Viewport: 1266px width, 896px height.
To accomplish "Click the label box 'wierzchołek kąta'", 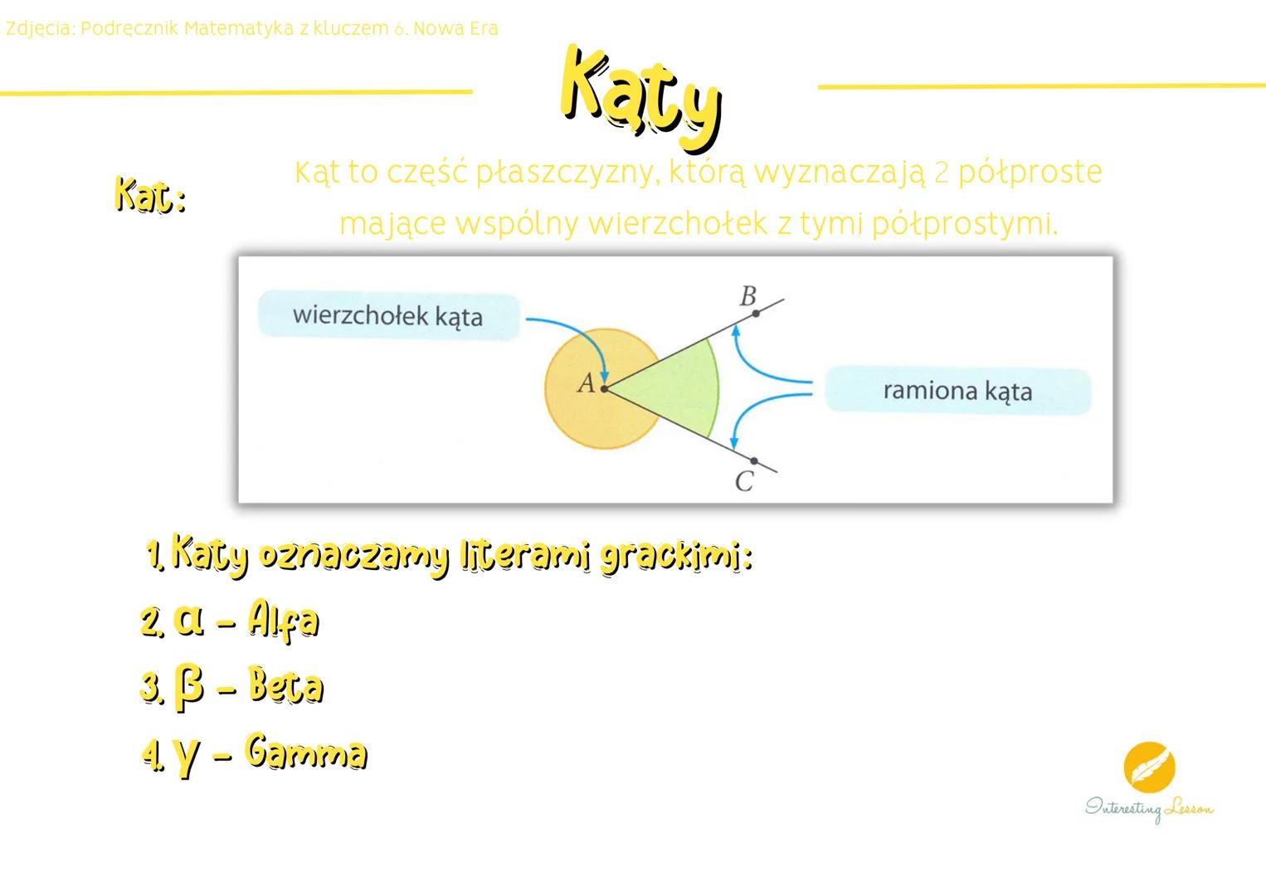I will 387,315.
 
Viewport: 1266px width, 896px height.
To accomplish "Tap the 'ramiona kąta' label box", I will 957,390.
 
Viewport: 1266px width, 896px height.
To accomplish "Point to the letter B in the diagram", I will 747,295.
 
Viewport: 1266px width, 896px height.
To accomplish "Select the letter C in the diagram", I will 744,481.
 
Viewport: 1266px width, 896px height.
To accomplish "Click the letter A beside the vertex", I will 586,383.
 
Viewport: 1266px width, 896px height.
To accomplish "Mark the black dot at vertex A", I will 605,388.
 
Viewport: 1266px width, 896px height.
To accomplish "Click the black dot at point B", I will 755,314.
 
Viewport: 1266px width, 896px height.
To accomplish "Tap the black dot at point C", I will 753,461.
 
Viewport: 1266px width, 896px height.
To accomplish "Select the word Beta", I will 285,687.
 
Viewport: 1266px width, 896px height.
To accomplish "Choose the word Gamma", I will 306,753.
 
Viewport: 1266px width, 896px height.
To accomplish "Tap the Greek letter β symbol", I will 189,689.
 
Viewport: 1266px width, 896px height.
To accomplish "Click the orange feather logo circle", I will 1149,767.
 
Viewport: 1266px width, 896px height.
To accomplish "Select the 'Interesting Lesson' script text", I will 1149,808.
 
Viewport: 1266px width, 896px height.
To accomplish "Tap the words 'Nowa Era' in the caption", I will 455,29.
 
